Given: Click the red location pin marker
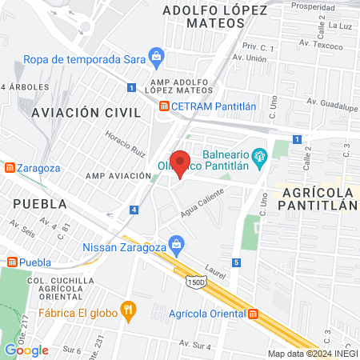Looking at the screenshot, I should tap(180, 164).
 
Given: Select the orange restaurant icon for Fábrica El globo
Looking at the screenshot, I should tap(126, 309).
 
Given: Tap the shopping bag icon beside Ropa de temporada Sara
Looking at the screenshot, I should tap(158, 56).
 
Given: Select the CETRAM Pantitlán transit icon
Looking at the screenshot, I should tap(163, 106).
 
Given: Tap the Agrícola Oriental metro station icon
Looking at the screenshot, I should tap(254, 314).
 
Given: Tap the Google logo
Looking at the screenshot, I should tap(26, 350).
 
